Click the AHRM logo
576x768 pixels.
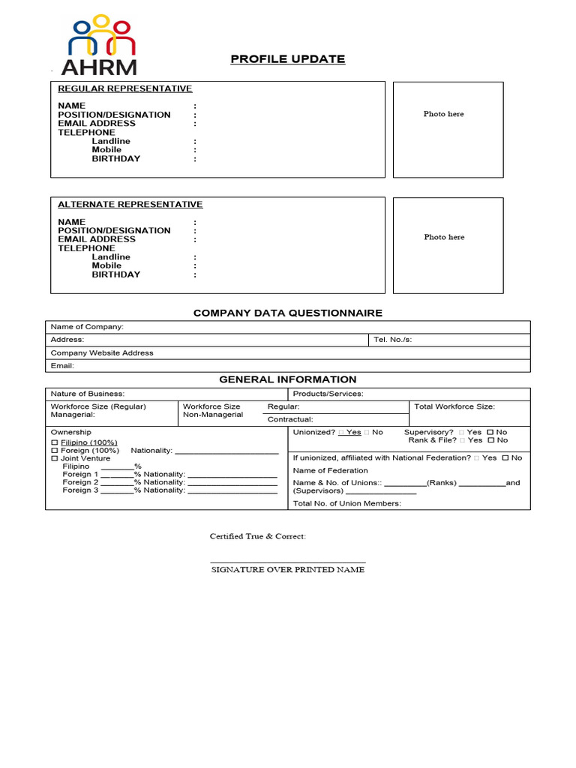click(99, 46)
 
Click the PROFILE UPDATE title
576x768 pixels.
click(288, 59)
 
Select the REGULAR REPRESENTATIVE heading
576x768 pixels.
click(125, 88)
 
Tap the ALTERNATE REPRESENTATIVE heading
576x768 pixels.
click(130, 204)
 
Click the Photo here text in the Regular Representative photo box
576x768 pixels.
click(443, 114)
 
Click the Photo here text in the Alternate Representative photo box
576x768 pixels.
click(443, 237)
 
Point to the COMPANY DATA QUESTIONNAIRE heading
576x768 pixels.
click(288, 313)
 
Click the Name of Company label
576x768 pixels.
click(87, 327)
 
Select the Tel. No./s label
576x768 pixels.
click(392, 340)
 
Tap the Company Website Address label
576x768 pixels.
click(102, 352)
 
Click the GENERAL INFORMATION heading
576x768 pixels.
click(288, 379)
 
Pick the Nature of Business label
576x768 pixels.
click(88, 394)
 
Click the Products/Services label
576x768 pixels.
click(328, 394)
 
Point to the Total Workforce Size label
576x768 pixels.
click(454, 406)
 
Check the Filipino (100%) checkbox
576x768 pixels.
click(54, 443)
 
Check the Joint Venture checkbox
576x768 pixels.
click(54, 458)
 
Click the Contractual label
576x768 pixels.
click(290, 420)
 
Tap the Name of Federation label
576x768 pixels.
click(330, 470)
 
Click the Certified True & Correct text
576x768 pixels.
click(257, 537)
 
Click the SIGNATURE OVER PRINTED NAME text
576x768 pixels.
click(287, 570)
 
